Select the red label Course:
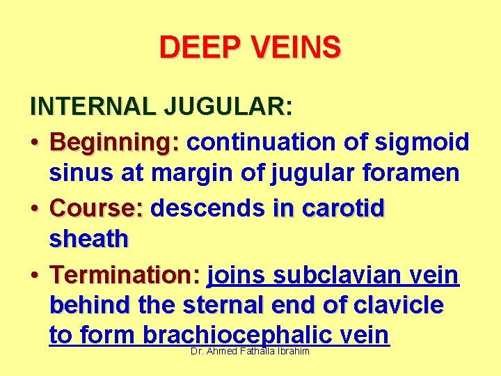96,207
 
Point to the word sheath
89,239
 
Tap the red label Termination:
125,275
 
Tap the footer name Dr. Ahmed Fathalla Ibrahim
250,352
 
